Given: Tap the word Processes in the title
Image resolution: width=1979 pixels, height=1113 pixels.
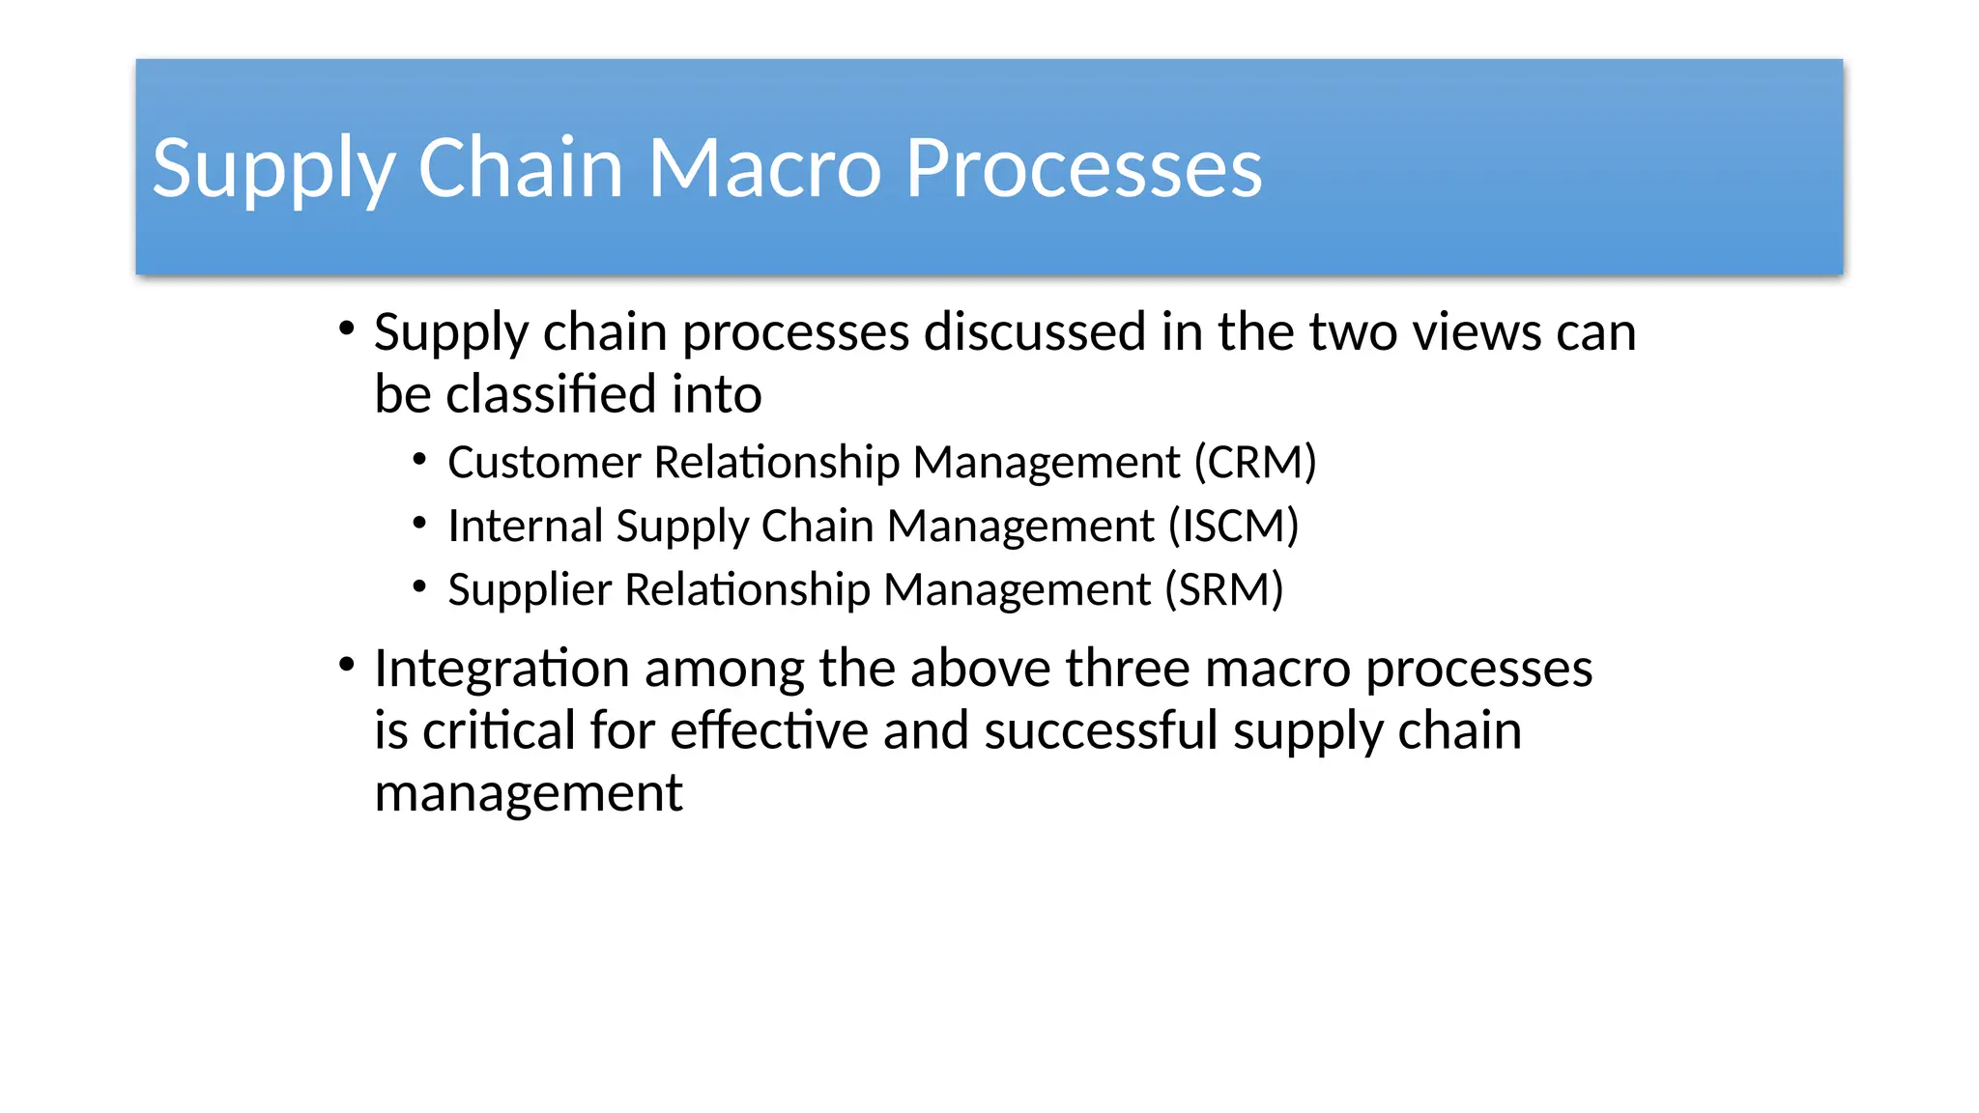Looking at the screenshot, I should (x=1083, y=168).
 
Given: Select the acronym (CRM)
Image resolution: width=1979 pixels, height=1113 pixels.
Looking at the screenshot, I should (x=1254, y=462).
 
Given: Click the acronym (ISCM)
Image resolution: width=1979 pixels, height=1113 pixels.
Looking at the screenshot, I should (x=1233, y=526).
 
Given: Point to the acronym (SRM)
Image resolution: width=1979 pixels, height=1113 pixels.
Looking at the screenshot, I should (x=1223, y=589).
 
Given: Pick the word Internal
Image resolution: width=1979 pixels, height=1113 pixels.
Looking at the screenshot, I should (x=526, y=526).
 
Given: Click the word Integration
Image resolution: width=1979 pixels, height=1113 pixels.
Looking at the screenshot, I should (x=502, y=669).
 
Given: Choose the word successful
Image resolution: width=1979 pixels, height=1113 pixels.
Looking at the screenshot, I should (x=1101, y=730).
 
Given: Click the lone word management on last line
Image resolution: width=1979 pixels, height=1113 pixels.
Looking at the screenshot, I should (x=528, y=794).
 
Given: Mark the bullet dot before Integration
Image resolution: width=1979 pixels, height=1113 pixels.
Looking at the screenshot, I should (x=347, y=665).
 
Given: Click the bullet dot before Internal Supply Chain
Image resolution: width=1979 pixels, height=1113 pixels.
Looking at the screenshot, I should (x=419, y=524).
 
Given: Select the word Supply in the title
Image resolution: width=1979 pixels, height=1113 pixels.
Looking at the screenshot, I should (x=273, y=168).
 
